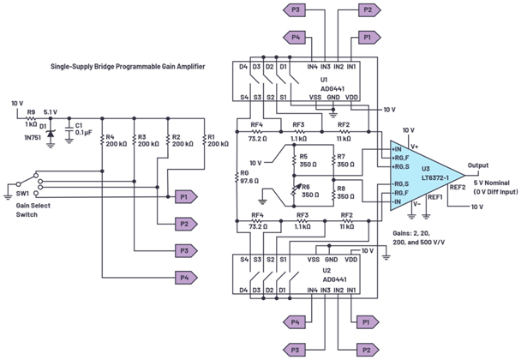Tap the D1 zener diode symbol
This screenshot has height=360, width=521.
click(51, 133)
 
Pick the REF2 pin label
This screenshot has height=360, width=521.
click(458, 187)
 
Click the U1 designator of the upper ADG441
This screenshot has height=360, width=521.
click(298, 80)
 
